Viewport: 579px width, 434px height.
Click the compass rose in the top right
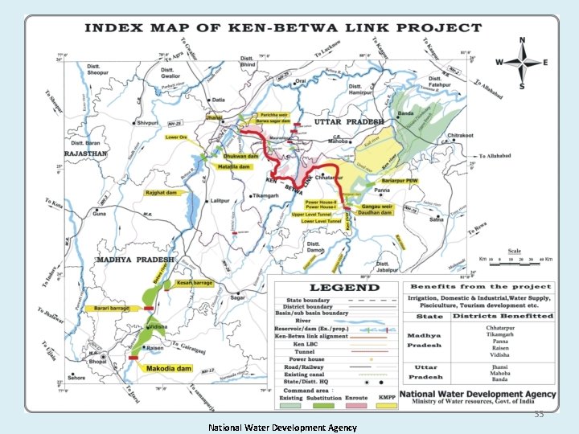point(521,62)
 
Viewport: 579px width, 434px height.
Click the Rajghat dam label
point(162,193)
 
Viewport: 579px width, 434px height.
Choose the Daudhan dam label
point(374,212)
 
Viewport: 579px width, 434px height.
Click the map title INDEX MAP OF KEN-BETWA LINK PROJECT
point(283,28)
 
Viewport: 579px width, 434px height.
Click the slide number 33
point(538,415)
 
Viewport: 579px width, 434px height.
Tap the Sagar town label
point(238,297)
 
